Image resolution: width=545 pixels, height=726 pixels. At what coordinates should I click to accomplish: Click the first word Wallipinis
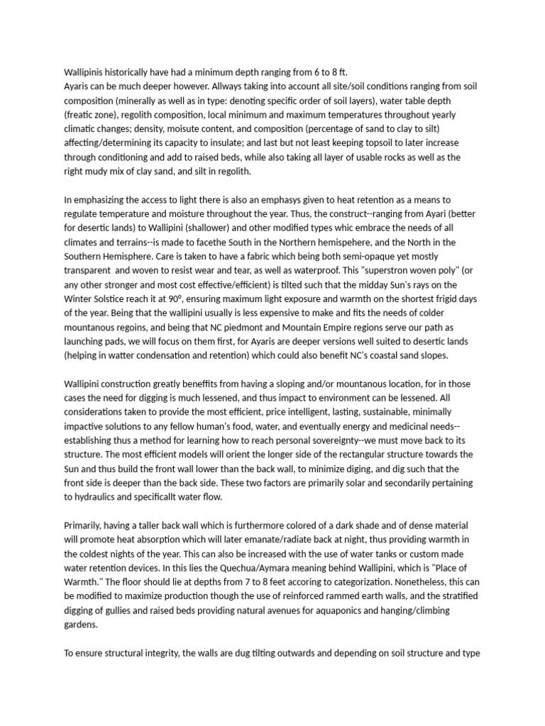(87, 72)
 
